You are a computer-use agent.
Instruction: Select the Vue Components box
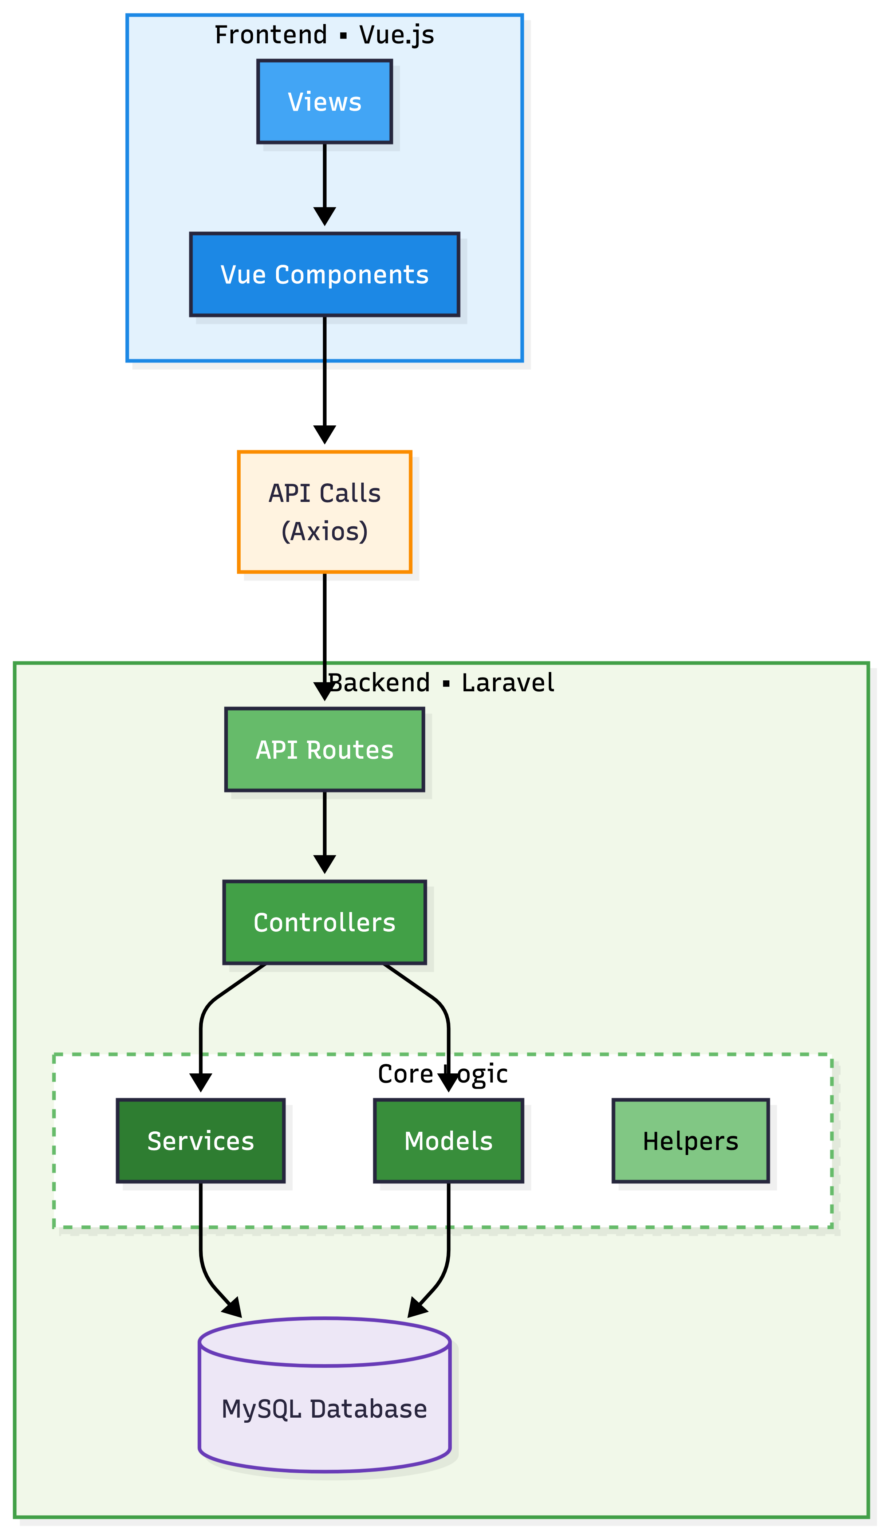click(324, 274)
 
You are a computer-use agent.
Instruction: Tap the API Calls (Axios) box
click(324, 511)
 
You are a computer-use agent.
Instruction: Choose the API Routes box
click(324, 750)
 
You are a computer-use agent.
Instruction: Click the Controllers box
click(324, 922)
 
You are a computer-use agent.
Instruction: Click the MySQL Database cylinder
click(324, 1407)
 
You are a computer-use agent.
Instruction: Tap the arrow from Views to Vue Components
click(324, 182)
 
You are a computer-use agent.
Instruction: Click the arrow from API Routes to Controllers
click(324, 831)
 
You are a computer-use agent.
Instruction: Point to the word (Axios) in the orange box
click(324, 531)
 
